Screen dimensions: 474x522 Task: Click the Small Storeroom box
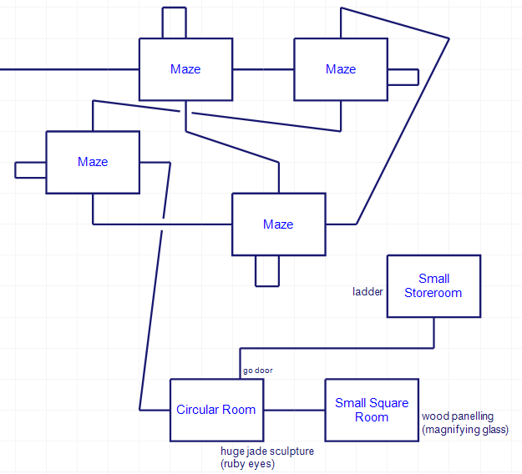click(433, 286)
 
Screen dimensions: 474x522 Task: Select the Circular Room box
click(216, 410)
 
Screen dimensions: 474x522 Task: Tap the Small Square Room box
click(372, 410)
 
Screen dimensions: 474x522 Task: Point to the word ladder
click(367, 292)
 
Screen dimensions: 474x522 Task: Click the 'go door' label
click(257, 370)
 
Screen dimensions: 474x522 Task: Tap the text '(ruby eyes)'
click(247, 463)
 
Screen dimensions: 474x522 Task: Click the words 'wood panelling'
click(458, 416)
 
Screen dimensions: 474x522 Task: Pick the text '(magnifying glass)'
click(465, 430)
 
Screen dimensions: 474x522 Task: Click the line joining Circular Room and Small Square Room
click(294, 410)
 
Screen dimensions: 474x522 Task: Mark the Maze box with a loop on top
click(185, 69)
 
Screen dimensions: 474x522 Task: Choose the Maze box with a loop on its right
click(341, 69)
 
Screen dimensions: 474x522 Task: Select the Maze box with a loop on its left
click(93, 162)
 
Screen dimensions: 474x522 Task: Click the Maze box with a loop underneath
click(278, 224)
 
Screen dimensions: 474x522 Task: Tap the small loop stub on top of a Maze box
click(175, 23)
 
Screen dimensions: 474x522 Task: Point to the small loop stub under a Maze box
click(267, 271)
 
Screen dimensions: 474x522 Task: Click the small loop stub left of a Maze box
click(31, 169)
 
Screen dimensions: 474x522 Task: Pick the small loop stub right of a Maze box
click(403, 77)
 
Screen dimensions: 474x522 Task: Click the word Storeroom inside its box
click(433, 293)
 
